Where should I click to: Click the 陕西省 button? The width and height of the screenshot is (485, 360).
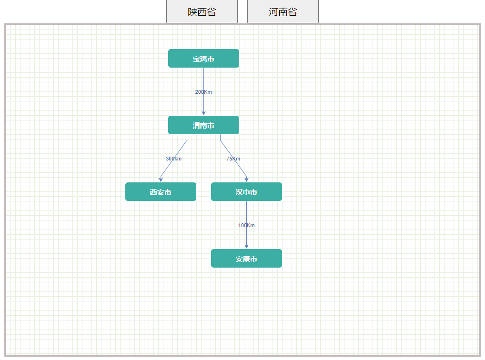(202, 12)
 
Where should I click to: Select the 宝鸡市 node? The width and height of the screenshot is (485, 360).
(203, 59)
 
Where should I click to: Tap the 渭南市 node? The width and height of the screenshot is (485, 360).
(203, 125)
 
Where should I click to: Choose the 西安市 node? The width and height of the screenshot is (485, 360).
(161, 192)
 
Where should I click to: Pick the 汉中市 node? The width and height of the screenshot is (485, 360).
(246, 192)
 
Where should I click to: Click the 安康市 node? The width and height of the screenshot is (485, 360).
(246, 259)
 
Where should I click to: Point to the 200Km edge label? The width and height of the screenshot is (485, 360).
(203, 92)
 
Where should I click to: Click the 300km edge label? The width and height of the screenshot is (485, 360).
(173, 159)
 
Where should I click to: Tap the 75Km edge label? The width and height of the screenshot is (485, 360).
(233, 159)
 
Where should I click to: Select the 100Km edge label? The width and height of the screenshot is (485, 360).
(246, 225)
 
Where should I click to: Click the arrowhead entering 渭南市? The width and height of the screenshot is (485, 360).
(203, 113)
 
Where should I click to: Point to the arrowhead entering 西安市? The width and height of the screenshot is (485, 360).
(162, 180)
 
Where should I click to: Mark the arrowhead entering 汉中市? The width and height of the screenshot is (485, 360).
(246, 180)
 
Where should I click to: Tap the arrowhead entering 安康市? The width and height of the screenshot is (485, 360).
(246, 246)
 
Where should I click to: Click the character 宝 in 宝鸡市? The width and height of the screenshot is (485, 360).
(196, 59)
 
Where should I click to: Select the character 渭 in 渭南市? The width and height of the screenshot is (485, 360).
(196, 126)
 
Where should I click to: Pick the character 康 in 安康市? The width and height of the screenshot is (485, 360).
(246, 259)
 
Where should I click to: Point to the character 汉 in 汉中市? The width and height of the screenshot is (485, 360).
(239, 192)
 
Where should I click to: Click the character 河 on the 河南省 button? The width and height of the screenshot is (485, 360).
(273, 12)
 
